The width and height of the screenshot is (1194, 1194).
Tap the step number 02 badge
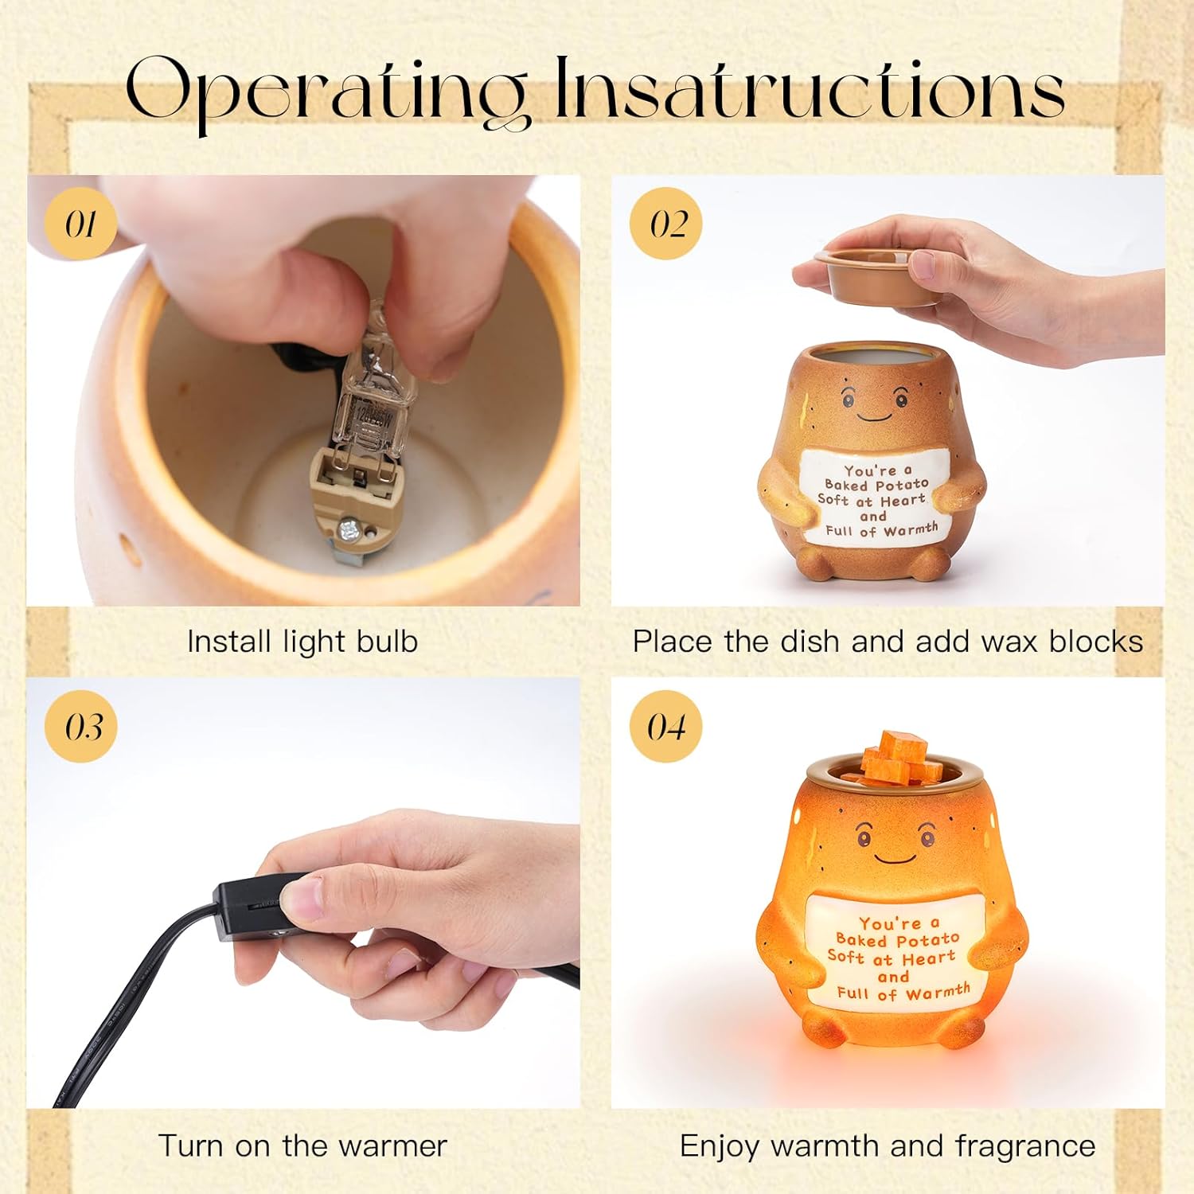point(665,223)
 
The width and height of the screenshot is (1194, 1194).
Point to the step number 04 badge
point(665,726)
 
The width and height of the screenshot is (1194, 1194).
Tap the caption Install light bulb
point(302,642)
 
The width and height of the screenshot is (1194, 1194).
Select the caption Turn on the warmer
point(302,1146)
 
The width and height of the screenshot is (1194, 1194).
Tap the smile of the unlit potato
point(874,417)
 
